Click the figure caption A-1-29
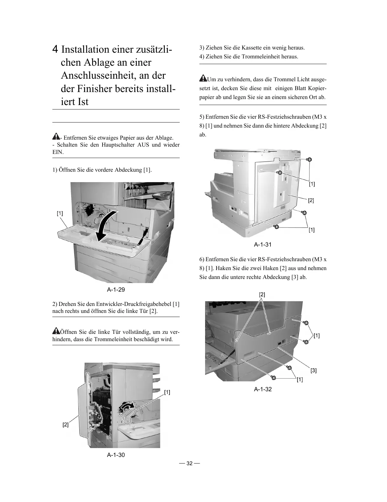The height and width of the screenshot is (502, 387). pyautogui.click(x=116, y=289)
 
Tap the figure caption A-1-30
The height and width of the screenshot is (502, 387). pyautogui.click(x=116, y=455)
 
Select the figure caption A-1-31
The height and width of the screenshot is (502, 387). pyautogui.click(x=263, y=245)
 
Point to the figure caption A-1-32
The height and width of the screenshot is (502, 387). pyautogui.click(x=263, y=389)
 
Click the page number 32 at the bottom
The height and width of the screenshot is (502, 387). pyautogui.click(x=189, y=463)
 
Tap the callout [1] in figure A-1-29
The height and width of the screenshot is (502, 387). pyautogui.click(x=60, y=214)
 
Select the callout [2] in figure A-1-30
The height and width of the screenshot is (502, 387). pyautogui.click(x=65, y=425)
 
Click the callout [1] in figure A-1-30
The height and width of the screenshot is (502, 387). pyautogui.click(x=167, y=392)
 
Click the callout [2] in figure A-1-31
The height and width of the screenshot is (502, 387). pyautogui.click(x=311, y=200)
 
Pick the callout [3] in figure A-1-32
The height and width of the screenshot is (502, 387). pyautogui.click(x=313, y=370)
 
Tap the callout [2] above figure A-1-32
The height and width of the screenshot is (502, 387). pyautogui.click(x=262, y=294)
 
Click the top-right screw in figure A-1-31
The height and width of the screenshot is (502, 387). pyautogui.click(x=310, y=160)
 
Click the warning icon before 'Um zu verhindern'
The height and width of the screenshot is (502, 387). pyautogui.click(x=203, y=78)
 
